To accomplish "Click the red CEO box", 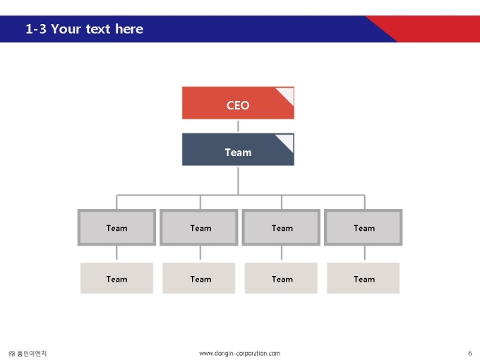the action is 238,103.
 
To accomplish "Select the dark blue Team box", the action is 238,150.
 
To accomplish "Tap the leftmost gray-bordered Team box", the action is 116,227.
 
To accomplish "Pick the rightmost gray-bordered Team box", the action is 364,227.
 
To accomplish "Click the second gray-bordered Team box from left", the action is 199,227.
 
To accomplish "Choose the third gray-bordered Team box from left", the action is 281,227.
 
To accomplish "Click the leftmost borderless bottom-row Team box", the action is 116,278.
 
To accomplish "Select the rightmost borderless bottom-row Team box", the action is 364,278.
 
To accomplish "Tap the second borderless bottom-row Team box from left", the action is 199,278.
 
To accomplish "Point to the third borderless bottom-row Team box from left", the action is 281,278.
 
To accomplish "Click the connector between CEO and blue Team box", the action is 238,126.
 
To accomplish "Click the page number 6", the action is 470,353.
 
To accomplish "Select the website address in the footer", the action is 240,354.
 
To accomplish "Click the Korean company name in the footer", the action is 28,354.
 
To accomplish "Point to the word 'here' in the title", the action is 129,29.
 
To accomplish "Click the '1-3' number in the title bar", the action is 36,29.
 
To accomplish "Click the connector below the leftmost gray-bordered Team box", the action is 116,253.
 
